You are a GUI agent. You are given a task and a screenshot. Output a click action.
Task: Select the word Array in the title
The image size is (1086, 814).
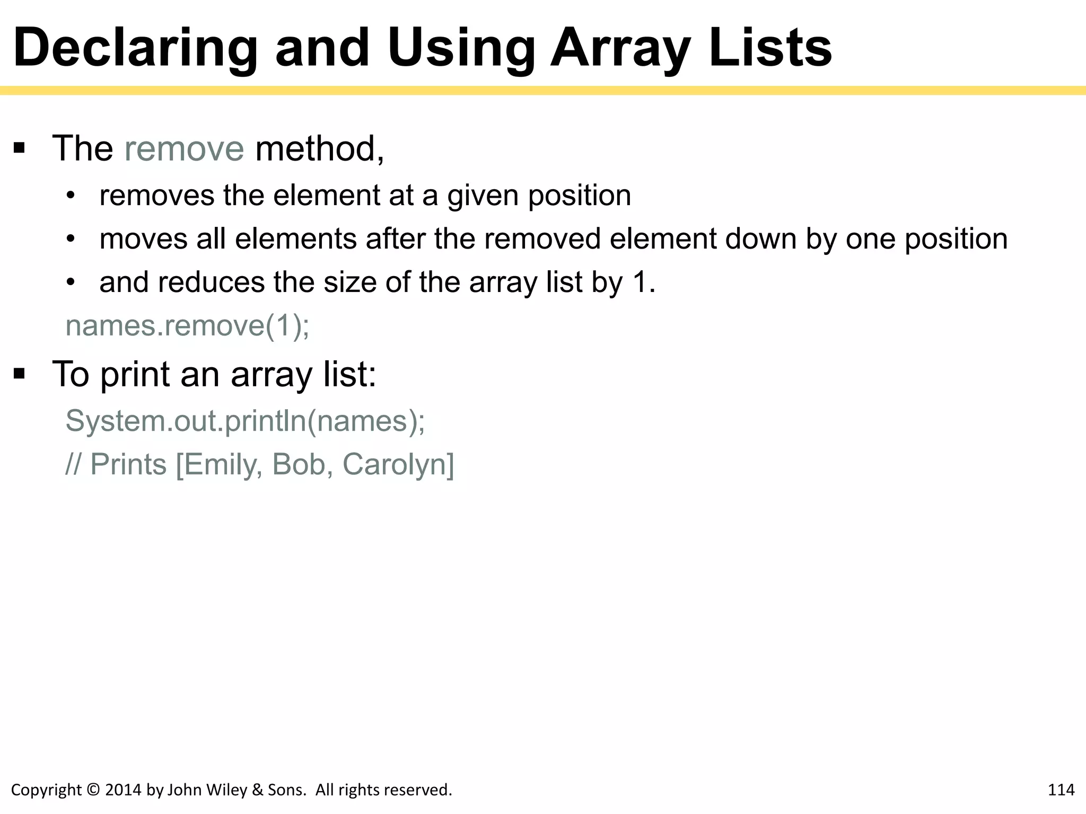[620, 49]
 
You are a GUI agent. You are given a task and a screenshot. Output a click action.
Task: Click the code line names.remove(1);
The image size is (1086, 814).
[187, 325]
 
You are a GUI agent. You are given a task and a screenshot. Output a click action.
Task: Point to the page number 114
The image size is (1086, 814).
[1061, 790]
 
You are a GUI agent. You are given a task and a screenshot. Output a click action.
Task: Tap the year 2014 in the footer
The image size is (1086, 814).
[123, 790]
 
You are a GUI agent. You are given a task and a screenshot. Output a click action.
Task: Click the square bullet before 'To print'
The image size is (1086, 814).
[20, 374]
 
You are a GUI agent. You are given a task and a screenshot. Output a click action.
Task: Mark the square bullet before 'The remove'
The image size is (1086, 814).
[20, 148]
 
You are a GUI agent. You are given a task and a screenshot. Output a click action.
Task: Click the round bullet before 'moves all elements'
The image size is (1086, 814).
[71, 239]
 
